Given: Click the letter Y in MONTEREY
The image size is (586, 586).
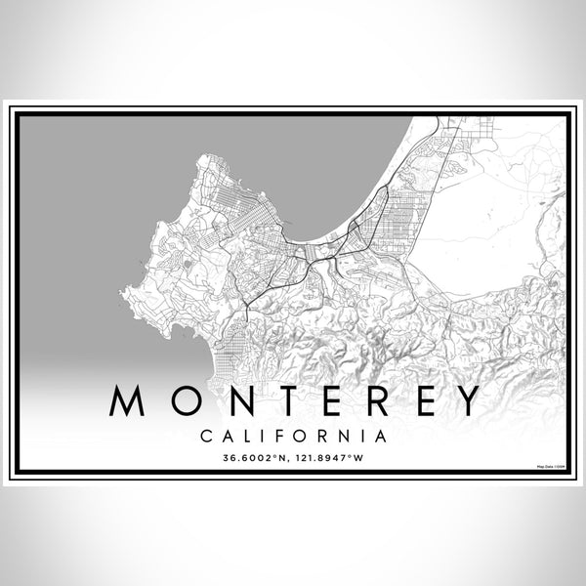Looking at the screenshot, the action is (464, 400).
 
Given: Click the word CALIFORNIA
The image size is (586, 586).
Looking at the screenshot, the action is (293, 431).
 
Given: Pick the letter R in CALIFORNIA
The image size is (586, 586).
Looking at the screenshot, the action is (317, 431).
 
